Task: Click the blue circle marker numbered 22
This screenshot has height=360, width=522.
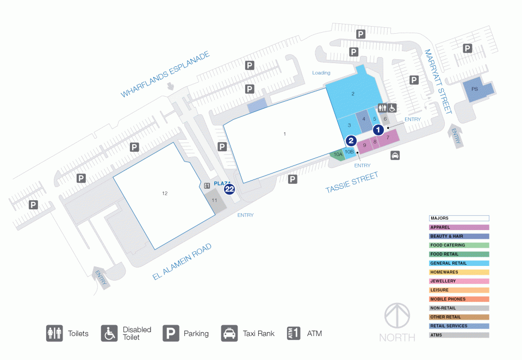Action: (x=229, y=189)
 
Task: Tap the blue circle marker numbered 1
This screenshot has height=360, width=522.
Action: (x=378, y=129)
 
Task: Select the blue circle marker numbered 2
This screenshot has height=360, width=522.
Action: (x=351, y=140)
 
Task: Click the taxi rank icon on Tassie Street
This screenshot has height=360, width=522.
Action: (x=395, y=155)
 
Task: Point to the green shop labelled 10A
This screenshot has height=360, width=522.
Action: (x=338, y=154)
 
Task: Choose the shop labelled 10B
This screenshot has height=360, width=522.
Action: (x=349, y=152)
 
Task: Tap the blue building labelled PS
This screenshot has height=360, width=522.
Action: (x=477, y=89)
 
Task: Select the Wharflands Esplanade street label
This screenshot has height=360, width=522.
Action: (x=165, y=74)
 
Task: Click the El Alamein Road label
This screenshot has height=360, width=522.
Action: (x=182, y=262)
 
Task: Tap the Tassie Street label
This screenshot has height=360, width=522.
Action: (x=352, y=182)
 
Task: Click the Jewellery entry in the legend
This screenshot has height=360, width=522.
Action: (x=459, y=281)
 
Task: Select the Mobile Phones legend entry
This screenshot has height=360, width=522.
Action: (x=459, y=299)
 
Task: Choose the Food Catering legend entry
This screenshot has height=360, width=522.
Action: (x=459, y=245)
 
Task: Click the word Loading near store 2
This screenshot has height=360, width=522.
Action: (x=321, y=73)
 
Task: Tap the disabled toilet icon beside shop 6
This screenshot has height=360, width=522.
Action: (x=392, y=108)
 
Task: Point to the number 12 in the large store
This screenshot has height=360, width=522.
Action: (x=165, y=193)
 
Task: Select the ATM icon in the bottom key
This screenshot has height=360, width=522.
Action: (x=294, y=333)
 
